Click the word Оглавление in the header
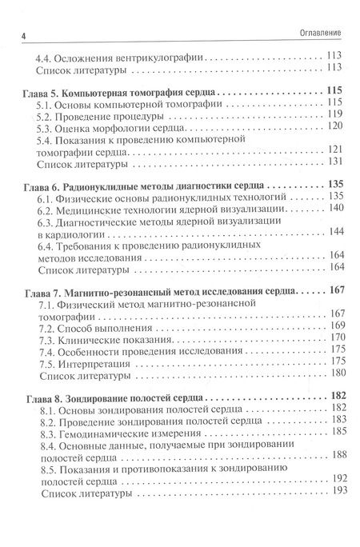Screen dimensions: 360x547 click(x=318, y=34)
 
